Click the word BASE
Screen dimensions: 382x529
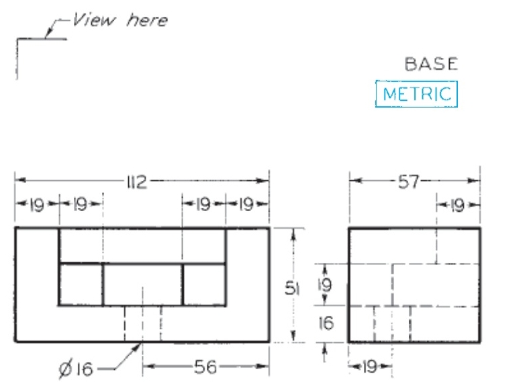pos(431,64)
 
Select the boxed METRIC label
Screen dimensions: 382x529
pos(416,94)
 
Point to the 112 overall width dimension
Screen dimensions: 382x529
pos(136,182)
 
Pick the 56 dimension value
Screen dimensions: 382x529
pos(205,367)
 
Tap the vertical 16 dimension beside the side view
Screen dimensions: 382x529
pos(325,324)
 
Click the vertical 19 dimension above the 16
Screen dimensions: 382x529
pos(325,285)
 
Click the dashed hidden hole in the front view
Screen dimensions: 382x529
pos(142,323)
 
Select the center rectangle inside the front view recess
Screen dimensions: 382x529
pos(142,284)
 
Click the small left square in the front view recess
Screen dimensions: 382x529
pos(81,284)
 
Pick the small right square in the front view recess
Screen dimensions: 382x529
pos(204,284)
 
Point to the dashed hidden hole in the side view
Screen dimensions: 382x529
pos(392,323)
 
